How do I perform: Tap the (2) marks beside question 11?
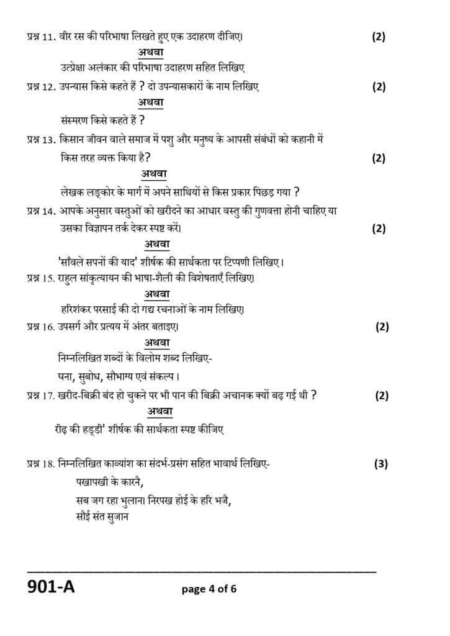[x=379, y=36]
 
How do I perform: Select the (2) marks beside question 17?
[x=382, y=395]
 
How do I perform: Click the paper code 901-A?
[x=50, y=586]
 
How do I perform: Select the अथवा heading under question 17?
[x=160, y=412]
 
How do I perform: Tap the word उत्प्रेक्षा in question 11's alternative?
[x=69, y=68]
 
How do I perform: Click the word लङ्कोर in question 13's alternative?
[x=94, y=191]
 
